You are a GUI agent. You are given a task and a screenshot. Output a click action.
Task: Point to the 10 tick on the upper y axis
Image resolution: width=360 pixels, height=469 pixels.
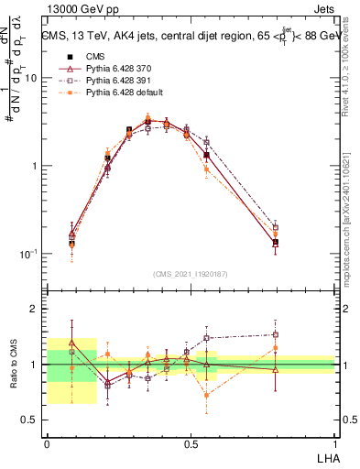[32, 78]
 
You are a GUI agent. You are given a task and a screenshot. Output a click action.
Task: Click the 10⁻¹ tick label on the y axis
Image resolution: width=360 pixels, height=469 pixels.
[30, 254]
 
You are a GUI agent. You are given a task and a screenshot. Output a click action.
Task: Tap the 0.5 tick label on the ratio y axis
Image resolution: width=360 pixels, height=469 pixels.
[33, 420]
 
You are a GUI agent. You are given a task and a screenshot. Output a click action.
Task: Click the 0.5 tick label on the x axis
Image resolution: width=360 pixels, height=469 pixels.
[191, 443]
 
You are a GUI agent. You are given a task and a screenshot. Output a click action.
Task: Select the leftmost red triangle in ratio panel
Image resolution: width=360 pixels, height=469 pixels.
[72, 342]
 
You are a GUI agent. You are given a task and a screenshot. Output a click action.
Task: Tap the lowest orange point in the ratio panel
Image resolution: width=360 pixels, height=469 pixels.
[207, 395]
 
